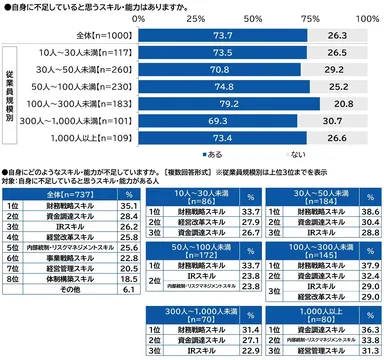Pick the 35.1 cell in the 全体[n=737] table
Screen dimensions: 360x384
[125, 206]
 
